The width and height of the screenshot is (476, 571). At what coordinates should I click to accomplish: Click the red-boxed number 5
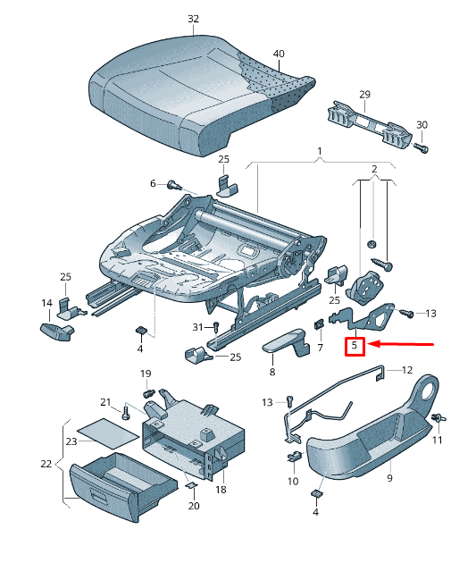(355, 345)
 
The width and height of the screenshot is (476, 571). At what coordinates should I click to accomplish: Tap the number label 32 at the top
(194, 18)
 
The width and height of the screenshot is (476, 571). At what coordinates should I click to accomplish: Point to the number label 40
(279, 54)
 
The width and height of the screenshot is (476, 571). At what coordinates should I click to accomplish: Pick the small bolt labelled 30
(422, 147)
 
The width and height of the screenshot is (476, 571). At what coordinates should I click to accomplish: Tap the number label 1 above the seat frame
(318, 153)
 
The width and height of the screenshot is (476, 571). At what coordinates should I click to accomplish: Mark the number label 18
(221, 490)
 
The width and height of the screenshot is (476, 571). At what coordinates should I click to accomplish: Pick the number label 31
(198, 327)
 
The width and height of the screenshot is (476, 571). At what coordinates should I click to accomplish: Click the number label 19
(146, 373)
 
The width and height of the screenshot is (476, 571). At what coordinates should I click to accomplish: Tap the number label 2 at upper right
(374, 169)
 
